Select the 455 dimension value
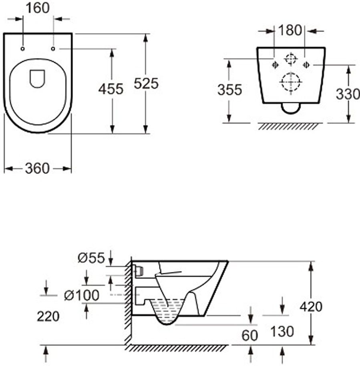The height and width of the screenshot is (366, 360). tap(111, 89)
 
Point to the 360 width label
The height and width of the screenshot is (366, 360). tap(37, 168)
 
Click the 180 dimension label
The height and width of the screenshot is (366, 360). tap(290, 30)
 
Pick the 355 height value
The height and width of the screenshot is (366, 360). tap(230, 90)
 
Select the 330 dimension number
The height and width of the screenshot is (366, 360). tap(348, 94)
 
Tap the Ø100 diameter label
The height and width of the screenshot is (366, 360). tap(82, 296)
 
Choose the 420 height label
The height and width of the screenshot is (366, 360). tap(311, 307)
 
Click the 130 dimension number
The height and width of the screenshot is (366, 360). tap(282, 331)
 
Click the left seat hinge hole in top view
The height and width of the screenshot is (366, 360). tap(22, 49)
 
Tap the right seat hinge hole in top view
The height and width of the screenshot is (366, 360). tap(53, 49)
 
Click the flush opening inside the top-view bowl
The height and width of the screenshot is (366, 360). tap(38, 78)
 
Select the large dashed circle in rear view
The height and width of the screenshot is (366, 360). tap(290, 82)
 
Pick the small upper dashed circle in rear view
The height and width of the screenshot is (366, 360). tap(290, 59)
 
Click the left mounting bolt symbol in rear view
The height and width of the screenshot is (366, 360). tap(275, 64)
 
